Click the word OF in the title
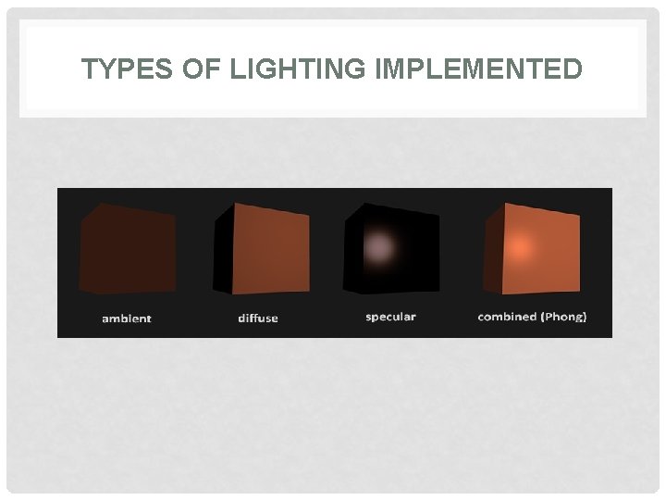(x=186, y=69)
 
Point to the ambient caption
(x=127, y=319)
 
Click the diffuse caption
(x=258, y=319)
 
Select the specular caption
(x=390, y=317)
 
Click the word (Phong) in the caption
(x=565, y=317)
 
